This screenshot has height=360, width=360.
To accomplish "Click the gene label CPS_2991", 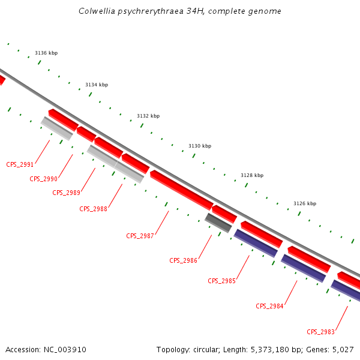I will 20,164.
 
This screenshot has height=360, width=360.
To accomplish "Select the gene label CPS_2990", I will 44,179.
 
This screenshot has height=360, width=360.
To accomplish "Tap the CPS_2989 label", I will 66,193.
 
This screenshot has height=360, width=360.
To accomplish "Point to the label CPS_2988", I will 93,209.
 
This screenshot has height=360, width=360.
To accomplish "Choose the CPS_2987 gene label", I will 140,236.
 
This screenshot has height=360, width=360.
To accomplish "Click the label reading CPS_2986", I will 183,260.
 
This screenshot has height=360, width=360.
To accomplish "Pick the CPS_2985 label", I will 221,281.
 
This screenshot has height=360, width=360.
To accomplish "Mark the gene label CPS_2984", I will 269,306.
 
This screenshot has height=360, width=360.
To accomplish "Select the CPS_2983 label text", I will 320,332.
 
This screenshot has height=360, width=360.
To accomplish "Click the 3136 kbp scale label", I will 46,53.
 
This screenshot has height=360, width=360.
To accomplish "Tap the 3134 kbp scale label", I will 97,85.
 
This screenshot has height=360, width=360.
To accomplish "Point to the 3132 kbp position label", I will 148,116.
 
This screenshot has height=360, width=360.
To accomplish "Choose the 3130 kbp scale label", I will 200,146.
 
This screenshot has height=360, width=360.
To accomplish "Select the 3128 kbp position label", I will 252,176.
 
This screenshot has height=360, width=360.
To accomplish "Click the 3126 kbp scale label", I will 304,204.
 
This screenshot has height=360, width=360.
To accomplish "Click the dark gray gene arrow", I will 218,223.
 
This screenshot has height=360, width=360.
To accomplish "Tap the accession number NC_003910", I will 64,349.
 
